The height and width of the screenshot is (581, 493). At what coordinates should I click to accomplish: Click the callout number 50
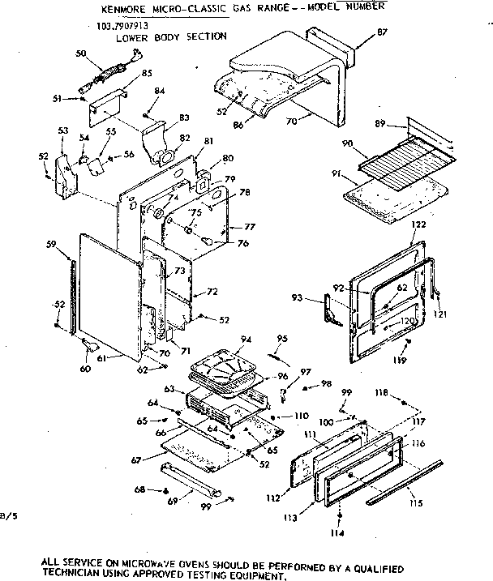click(x=80, y=53)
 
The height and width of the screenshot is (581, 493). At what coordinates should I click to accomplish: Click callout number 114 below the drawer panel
click(x=340, y=532)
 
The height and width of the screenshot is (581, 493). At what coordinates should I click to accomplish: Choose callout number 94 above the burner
click(x=245, y=340)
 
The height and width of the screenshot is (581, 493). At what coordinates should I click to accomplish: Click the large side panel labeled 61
click(x=109, y=292)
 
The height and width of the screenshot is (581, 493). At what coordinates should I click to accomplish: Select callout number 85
click(x=147, y=74)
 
